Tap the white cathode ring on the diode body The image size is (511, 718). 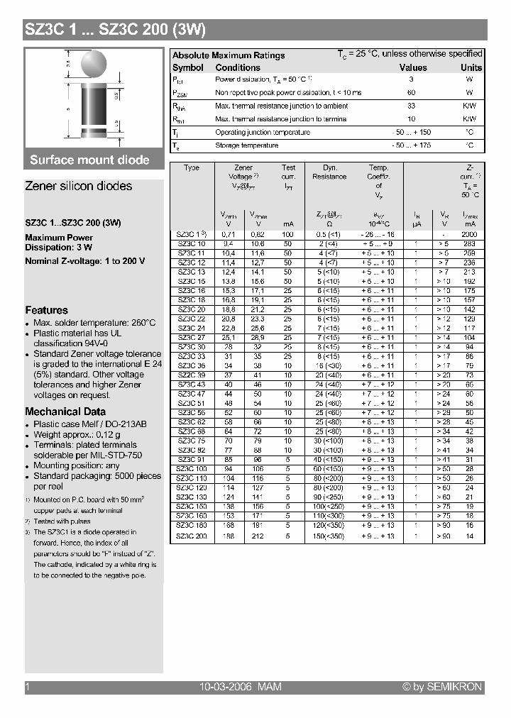coord(94,131)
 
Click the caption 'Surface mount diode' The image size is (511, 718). coord(89,160)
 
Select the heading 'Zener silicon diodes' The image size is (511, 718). coord(78,186)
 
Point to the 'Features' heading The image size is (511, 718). coord(46,310)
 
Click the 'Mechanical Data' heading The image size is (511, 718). coord(65,412)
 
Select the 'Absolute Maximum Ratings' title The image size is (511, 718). coord(229,55)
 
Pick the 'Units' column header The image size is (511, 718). coord(471,67)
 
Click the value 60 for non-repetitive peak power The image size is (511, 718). coord(411,93)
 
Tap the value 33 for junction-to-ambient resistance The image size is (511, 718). coord(411,106)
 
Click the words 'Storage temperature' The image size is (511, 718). coord(246,145)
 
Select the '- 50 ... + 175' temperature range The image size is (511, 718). coord(412,145)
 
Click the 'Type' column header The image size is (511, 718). coord(192,168)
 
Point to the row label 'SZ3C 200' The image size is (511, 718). coord(192,536)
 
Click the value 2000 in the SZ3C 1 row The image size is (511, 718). coord(469,234)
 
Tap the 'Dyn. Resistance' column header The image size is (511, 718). coord(329,172)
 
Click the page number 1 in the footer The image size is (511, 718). coord(28,687)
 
